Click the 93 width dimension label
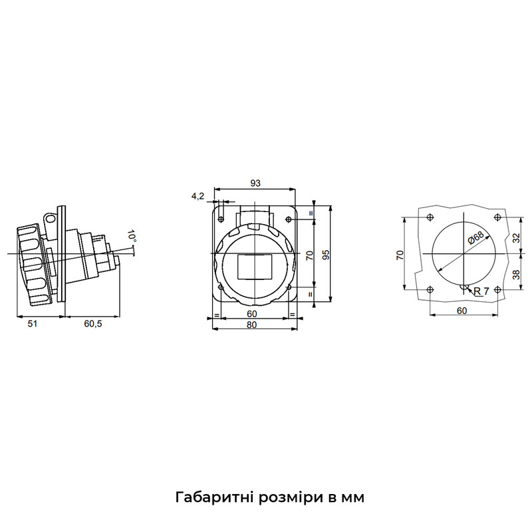[x=255, y=184]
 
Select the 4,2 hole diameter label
[x=198, y=196]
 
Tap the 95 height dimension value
[x=326, y=255]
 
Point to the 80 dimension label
[x=251, y=325]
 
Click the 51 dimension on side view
[x=32, y=324]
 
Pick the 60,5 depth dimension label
[x=93, y=324]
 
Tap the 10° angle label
[x=132, y=236]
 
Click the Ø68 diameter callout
[x=475, y=237]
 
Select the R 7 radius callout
[x=481, y=291]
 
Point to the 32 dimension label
[x=516, y=237]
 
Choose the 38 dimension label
[x=516, y=274]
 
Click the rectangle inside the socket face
[x=255, y=267]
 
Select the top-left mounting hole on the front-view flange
[x=221, y=219]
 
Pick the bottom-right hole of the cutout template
[x=497, y=290]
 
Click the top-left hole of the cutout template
[x=430, y=217]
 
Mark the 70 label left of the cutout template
[x=400, y=255]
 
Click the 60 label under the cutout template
[x=462, y=311]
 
